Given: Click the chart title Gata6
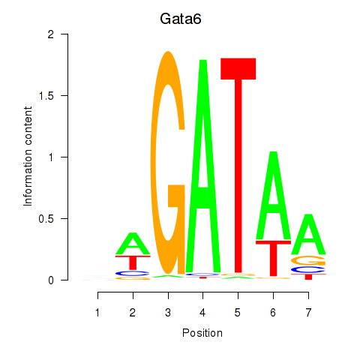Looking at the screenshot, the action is pos(181,19).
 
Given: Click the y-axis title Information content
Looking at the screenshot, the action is pos(28,156).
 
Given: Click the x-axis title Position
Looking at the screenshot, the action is pos(202,333).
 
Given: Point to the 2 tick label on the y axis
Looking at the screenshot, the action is pos(51,34).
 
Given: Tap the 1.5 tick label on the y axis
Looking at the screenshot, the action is pos(46,96).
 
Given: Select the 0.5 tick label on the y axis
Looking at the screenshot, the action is pos(46,219).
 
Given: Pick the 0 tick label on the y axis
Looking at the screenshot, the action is pos(51,280).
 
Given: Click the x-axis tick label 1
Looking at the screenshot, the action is pos(97,313).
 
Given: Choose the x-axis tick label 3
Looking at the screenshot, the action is pos(168,313).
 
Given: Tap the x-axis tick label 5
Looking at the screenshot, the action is pos(238,313).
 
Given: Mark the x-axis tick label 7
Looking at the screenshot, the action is pos(308,313).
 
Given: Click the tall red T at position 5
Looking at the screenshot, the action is pos(238,165).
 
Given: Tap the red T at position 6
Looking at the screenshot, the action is pos(274,257).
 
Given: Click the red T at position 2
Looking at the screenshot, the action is pos(133,262).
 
